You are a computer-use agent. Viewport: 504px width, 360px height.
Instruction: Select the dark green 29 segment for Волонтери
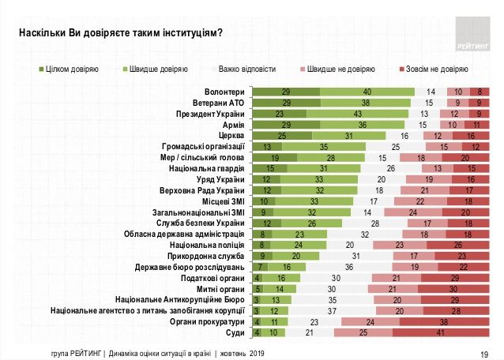pos(286,92)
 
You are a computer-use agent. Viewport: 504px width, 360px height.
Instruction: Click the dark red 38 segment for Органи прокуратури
pos(445,322)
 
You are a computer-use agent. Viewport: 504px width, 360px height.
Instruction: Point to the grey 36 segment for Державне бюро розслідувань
pos(348,268)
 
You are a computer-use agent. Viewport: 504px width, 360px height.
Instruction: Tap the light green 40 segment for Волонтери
pos(367,92)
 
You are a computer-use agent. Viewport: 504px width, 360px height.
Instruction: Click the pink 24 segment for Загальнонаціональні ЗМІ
pos(411,212)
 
